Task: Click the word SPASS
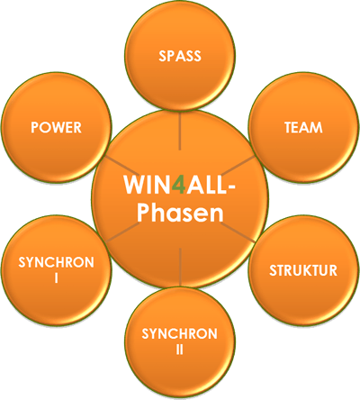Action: pyautogui.click(x=180, y=56)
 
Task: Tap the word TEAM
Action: pyautogui.click(x=303, y=127)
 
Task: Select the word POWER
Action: pyautogui.click(x=56, y=127)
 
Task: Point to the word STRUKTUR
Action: pyautogui.click(x=303, y=270)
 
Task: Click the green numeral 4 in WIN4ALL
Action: pyautogui.click(x=179, y=185)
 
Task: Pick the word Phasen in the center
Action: pyautogui.click(x=180, y=213)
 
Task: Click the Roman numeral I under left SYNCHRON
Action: pyautogui.click(x=56, y=278)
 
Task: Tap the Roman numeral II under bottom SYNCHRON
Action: pyautogui.click(x=180, y=350)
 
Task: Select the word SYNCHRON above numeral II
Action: pyautogui.click(x=180, y=333)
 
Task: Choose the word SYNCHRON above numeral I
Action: pyautogui.click(x=56, y=262)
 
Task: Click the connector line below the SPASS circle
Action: pyautogui.click(x=180, y=131)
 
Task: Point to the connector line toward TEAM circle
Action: pyautogui.click(x=238, y=165)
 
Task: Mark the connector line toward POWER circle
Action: pyautogui.click(x=121, y=165)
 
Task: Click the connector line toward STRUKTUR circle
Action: pyautogui.click(x=238, y=232)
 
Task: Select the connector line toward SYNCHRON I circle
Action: pyautogui.click(x=121, y=232)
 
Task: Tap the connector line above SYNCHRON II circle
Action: pyautogui.click(x=180, y=267)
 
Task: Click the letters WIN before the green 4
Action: pyautogui.click(x=148, y=185)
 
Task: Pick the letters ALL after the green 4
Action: pyautogui.click(x=206, y=185)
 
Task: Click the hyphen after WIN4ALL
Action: pyautogui.click(x=230, y=187)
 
